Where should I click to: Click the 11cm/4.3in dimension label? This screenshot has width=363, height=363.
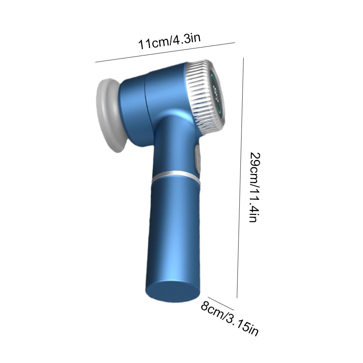pyautogui.click(x=169, y=42)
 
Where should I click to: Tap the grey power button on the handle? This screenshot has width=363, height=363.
pyautogui.click(x=198, y=159)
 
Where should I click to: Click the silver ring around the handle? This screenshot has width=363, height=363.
pyautogui.click(x=176, y=176)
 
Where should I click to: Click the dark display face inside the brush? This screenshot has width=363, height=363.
pyautogui.click(x=216, y=94)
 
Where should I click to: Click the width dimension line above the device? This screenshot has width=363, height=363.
pyautogui.click(x=165, y=52)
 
